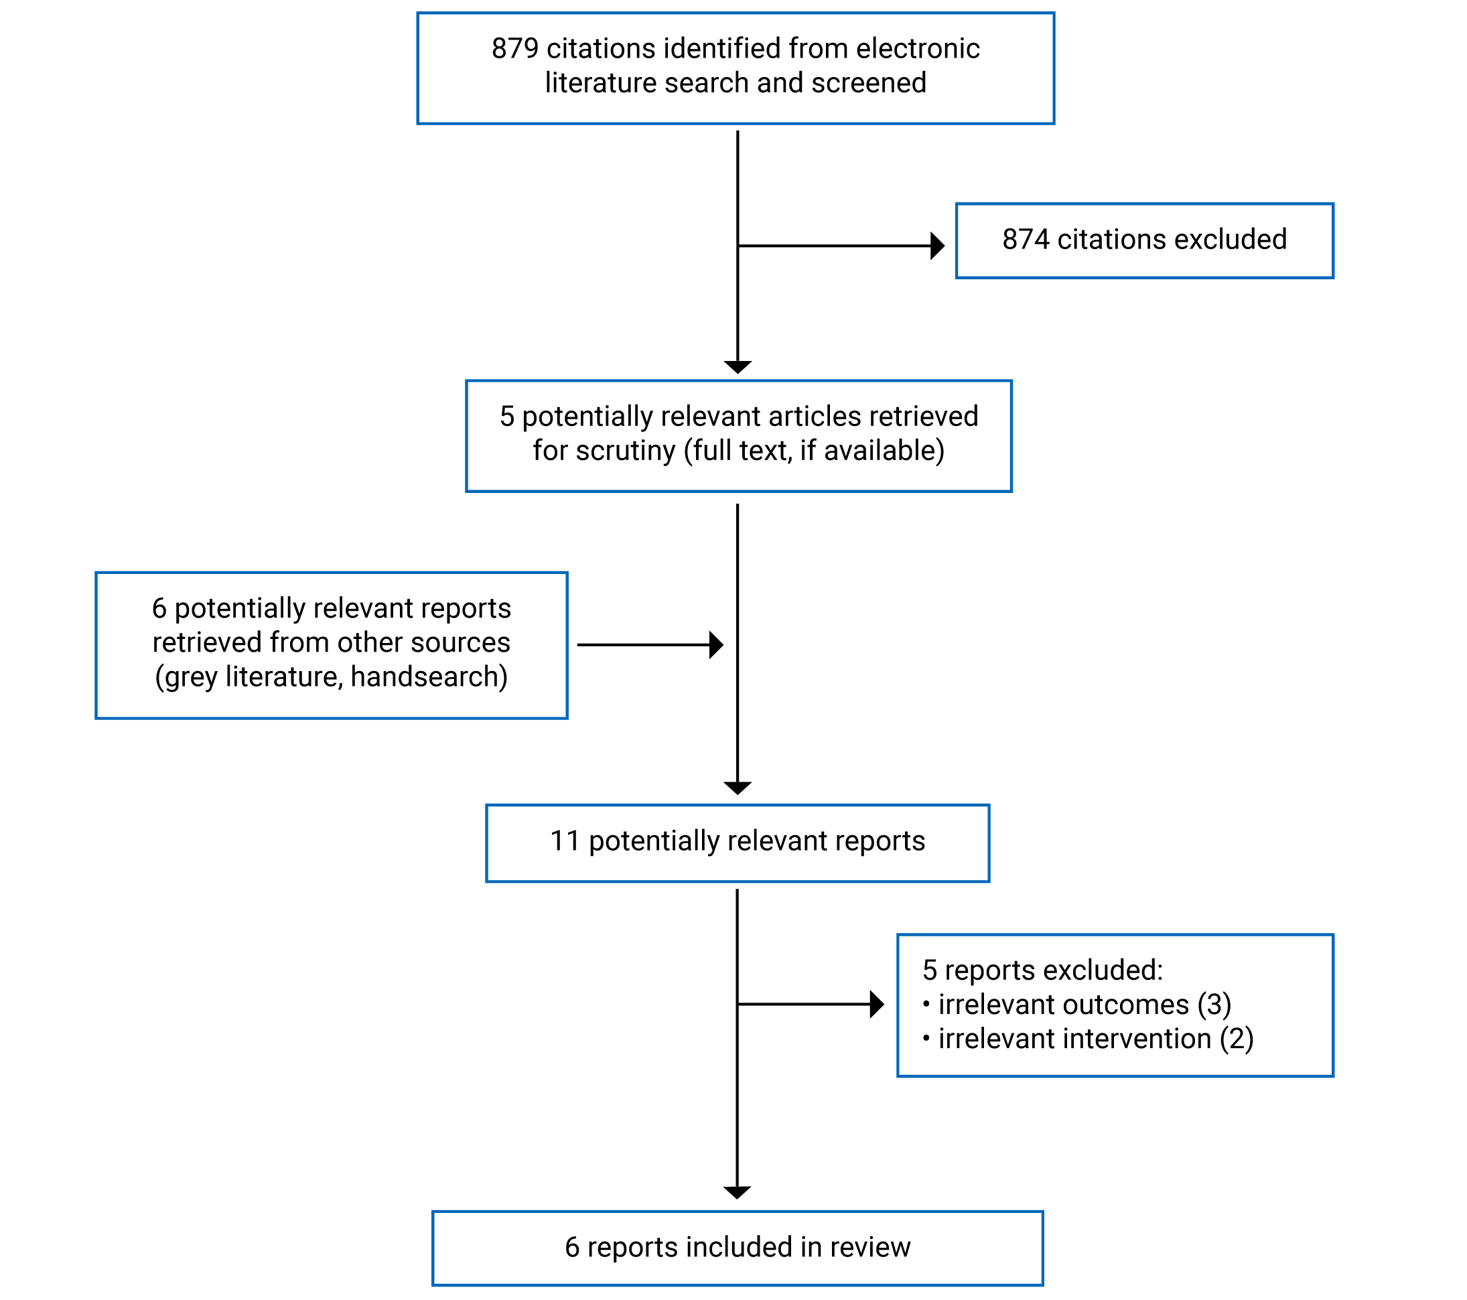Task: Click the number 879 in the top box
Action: pyautogui.click(x=514, y=49)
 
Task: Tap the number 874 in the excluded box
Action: pyautogui.click(x=1026, y=240)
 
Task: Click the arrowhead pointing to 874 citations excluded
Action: pyautogui.click(x=937, y=246)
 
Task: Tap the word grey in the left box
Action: pyautogui.click(x=191, y=677)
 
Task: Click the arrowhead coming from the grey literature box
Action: pyautogui.click(x=715, y=645)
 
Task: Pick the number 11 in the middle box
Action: pyautogui.click(x=565, y=841)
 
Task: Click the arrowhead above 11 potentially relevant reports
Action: pyautogui.click(x=737, y=788)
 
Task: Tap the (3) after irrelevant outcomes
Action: pyautogui.click(x=1214, y=1005)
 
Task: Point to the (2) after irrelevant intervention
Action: pyautogui.click(x=1237, y=1039)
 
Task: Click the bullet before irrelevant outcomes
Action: pyautogui.click(x=926, y=1004)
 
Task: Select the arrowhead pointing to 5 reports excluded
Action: pyautogui.click(x=876, y=1005)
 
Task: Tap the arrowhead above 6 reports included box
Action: pyautogui.click(x=737, y=1193)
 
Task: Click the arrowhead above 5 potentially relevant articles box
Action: pyautogui.click(x=737, y=366)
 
